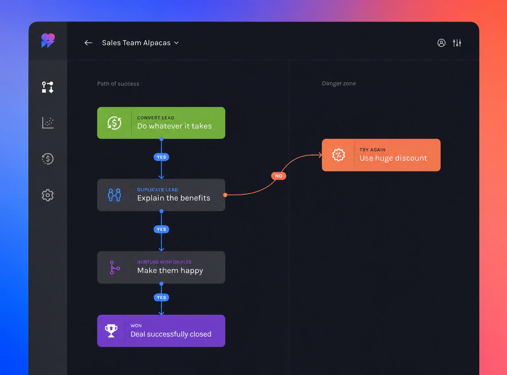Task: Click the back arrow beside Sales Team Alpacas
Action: pos(88,43)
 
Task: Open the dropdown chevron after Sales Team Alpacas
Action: pos(176,43)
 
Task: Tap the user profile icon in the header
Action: pos(441,43)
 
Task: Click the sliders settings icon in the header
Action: pos(457,43)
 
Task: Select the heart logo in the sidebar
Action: pos(48,40)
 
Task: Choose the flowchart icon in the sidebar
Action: pos(48,87)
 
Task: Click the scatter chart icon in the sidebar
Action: pos(48,123)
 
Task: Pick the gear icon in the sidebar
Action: pos(48,195)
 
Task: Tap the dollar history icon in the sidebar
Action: pos(48,159)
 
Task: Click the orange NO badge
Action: pos(278,176)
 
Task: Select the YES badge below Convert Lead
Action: pos(161,157)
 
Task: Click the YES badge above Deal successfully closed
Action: pos(161,297)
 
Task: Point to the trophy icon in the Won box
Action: pos(111,330)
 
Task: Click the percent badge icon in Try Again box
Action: pos(338,155)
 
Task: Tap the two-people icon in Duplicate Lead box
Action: pos(114,195)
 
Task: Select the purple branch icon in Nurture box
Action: pos(115,268)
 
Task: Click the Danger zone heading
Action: pos(339,83)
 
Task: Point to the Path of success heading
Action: pos(118,84)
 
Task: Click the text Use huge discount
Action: pos(393,158)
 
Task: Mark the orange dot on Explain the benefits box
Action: pos(225,195)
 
